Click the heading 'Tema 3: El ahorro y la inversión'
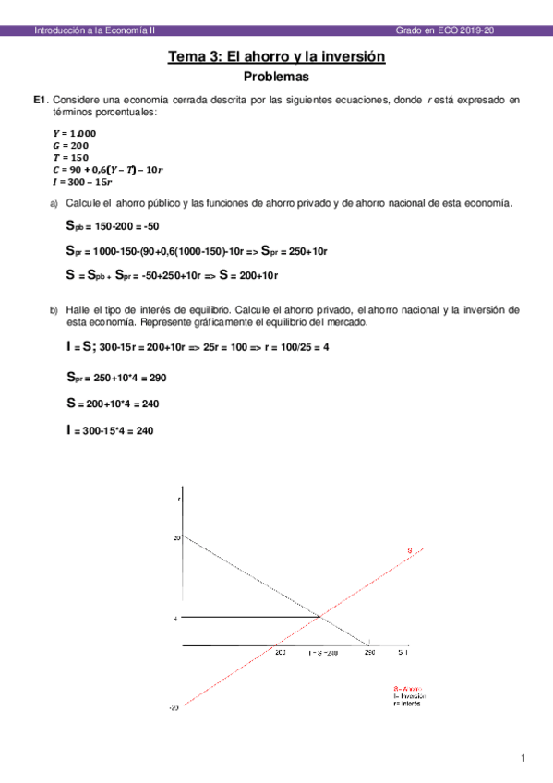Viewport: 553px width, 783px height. tap(276, 57)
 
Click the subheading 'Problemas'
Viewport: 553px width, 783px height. tap(276, 77)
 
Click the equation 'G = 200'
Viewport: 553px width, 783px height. tap(70, 145)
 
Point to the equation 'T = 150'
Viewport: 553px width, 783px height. tap(70, 157)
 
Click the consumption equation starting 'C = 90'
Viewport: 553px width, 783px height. tap(107, 170)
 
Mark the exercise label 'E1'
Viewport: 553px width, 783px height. tap(38, 99)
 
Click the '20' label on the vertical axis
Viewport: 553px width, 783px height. tap(175, 536)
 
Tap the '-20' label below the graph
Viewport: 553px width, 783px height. tap(174, 708)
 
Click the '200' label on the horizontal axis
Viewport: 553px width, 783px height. tap(280, 653)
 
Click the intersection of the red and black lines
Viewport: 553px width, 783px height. tap(319, 617)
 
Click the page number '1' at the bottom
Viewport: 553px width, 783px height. tap(523, 759)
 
